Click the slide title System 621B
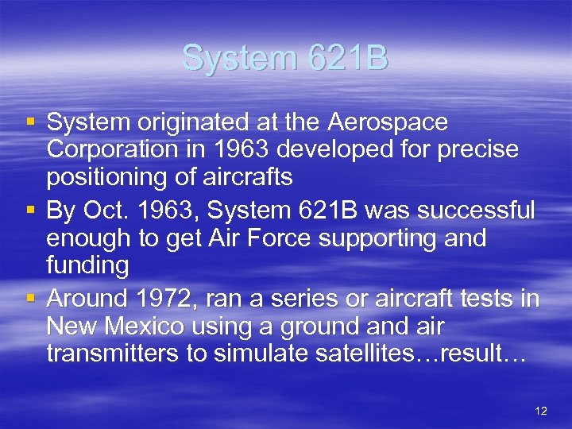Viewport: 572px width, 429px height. [285, 59]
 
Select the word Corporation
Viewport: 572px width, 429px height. [113, 150]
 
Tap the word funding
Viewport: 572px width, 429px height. [87, 265]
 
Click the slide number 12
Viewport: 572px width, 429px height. [542, 411]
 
